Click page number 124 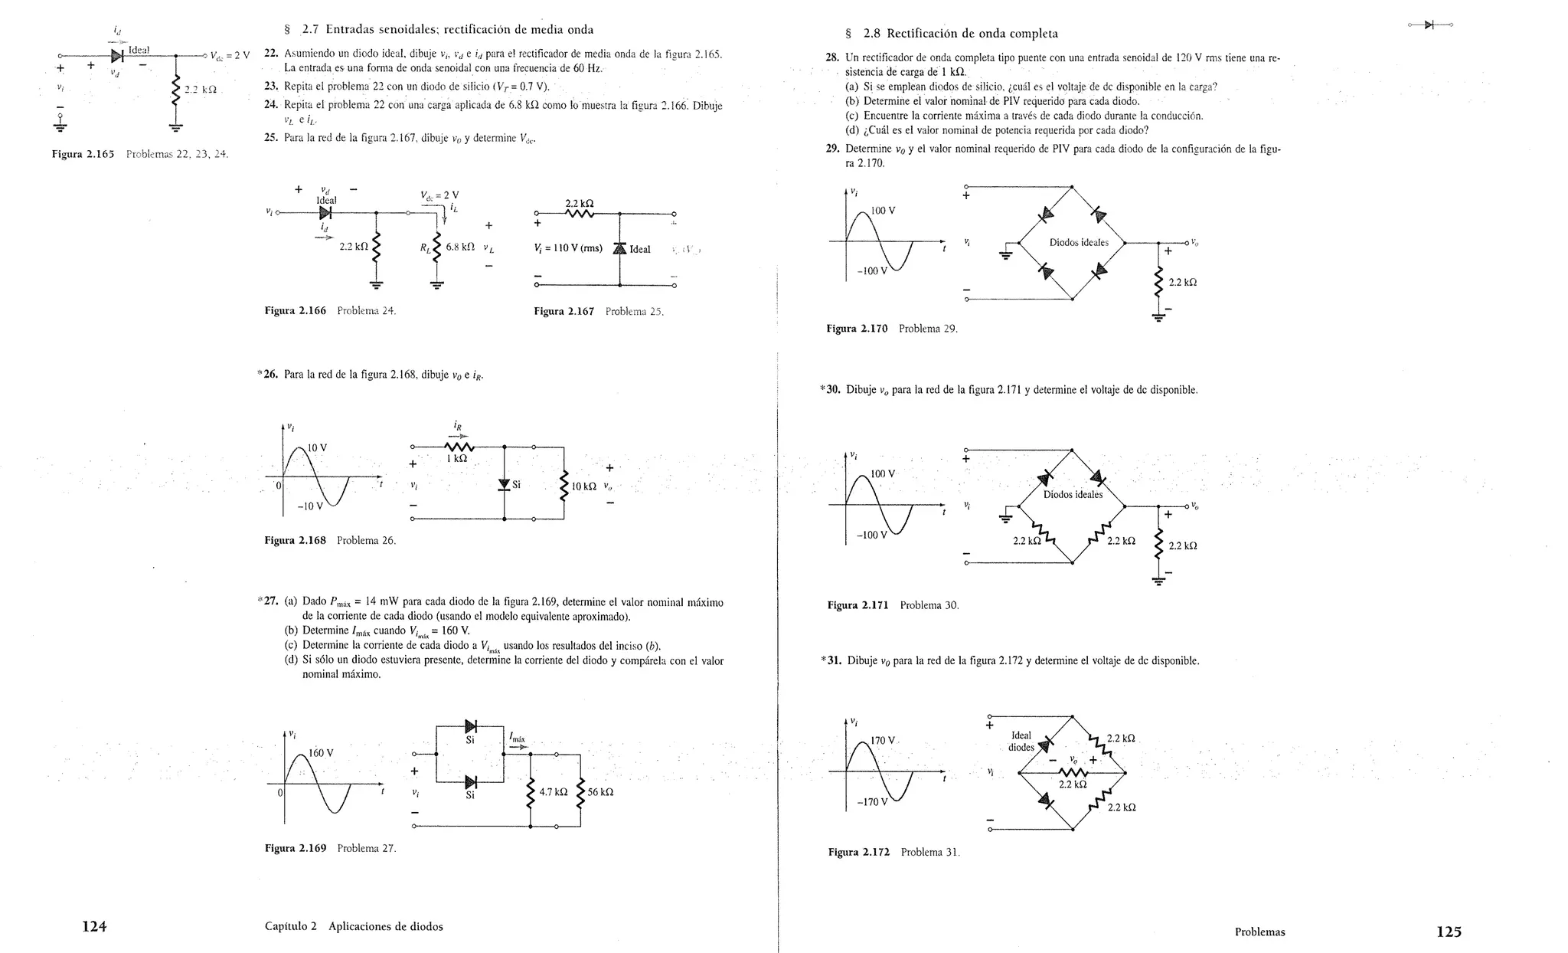(x=94, y=927)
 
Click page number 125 (x=1449, y=932)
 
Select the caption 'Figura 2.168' (x=295, y=541)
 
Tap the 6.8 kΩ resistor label (x=461, y=247)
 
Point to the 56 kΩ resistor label (x=600, y=792)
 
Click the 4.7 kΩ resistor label (x=554, y=792)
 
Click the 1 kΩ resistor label (x=456, y=459)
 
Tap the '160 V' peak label (x=321, y=752)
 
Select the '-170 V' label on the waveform (x=872, y=803)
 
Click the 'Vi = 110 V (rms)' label (x=568, y=248)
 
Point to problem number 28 (x=832, y=57)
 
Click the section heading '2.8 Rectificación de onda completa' (x=960, y=34)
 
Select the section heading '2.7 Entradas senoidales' (x=448, y=30)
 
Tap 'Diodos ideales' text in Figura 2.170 (x=1079, y=243)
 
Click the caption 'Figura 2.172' (x=858, y=852)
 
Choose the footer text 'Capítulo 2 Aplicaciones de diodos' (x=354, y=927)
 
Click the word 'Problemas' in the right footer (x=1259, y=932)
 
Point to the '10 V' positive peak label (x=317, y=447)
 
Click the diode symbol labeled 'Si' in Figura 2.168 (x=504, y=484)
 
